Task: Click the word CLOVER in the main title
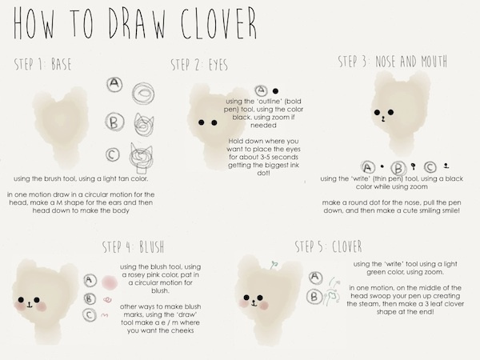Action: (218, 23)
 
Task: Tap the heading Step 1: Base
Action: (43, 64)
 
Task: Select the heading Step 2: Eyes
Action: (199, 64)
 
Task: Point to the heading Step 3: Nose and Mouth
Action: (393, 62)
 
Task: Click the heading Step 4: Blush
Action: (133, 246)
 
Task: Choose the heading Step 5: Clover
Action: (329, 246)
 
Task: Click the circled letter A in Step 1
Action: (114, 84)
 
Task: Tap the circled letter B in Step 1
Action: (114, 122)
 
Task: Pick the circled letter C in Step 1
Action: (113, 154)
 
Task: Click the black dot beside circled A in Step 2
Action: (275, 91)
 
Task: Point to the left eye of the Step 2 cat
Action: (201, 122)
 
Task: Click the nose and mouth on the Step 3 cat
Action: (382, 118)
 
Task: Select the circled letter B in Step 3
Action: (398, 168)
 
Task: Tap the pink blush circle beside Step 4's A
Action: (110, 282)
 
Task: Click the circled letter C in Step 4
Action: (90, 315)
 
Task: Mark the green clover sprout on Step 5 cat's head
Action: (274, 266)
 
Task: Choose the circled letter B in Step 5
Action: (314, 297)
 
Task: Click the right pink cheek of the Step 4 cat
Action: (40, 306)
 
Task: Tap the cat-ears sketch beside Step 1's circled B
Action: (144, 124)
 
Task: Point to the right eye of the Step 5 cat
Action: (260, 298)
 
